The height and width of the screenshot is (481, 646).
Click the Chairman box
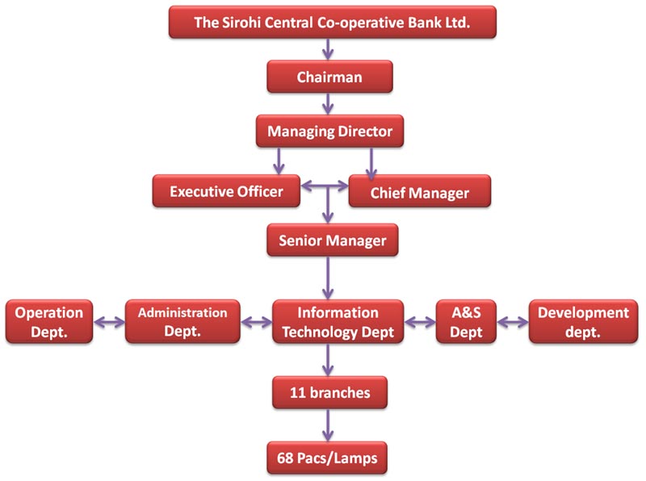[x=329, y=77]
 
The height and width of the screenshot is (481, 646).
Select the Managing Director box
[x=329, y=131]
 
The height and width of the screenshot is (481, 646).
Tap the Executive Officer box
[x=226, y=192]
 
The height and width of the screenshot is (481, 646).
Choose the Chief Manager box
[x=419, y=193]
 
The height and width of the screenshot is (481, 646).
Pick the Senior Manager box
[x=332, y=240]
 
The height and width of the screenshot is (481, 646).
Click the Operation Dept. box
[x=49, y=322]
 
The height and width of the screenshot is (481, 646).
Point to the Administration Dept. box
[x=182, y=322]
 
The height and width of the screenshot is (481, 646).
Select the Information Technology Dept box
[x=338, y=322]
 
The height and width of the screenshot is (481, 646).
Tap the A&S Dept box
[x=467, y=322]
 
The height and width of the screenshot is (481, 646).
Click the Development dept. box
[x=582, y=322]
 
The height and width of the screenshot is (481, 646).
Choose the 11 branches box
[x=329, y=393]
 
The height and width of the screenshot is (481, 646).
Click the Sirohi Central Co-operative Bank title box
[x=332, y=23]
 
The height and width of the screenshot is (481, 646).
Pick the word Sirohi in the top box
[x=241, y=23]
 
